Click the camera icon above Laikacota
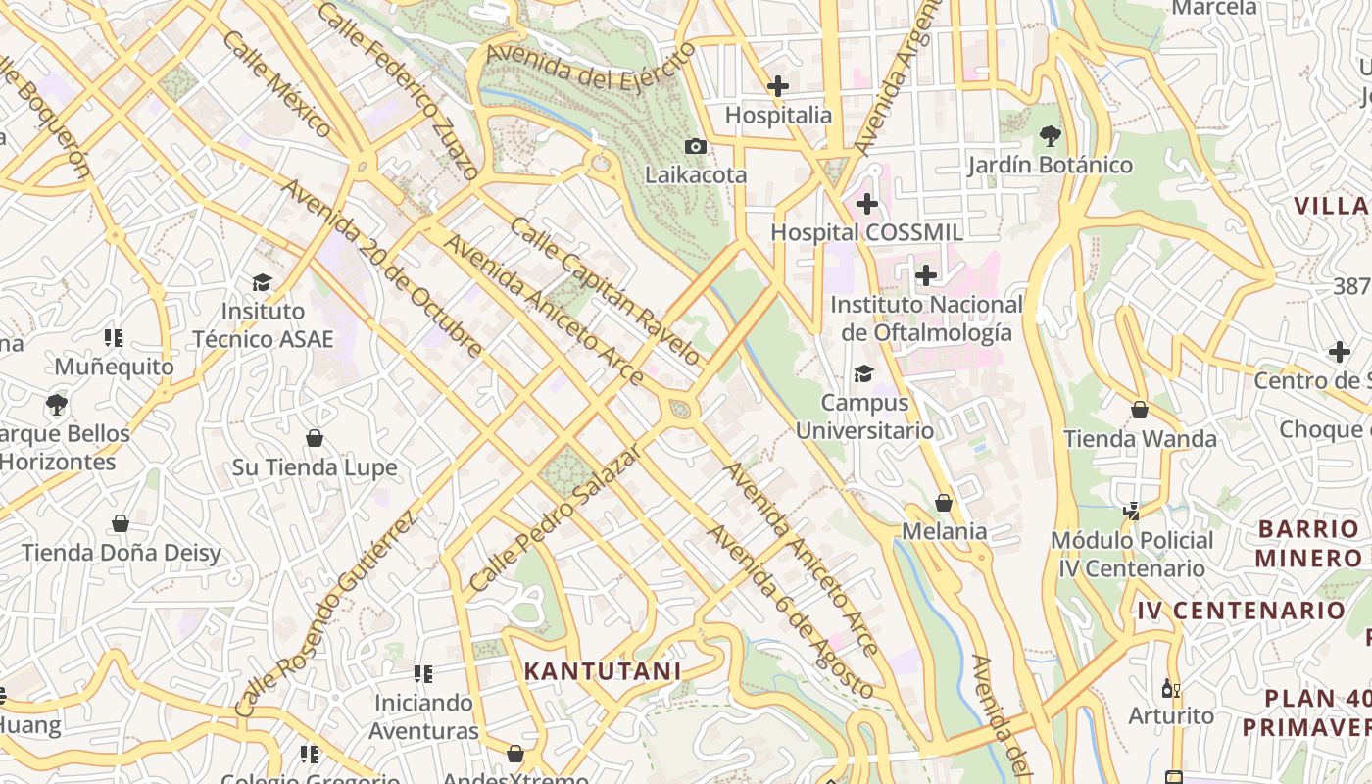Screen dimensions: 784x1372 696,146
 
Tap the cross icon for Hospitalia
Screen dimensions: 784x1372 778,86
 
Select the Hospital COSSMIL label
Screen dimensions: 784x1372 866,232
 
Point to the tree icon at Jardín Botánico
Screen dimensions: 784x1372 1051,135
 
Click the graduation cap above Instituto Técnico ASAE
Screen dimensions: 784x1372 262,283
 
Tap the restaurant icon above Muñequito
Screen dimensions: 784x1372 114,338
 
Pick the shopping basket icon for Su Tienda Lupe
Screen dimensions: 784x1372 315,438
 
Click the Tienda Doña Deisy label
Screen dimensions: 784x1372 122,553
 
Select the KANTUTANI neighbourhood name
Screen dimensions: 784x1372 602,671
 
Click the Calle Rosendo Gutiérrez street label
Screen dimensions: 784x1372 327,612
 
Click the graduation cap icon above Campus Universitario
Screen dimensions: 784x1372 863,373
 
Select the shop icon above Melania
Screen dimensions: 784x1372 944,503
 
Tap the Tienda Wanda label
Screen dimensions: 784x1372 1140,439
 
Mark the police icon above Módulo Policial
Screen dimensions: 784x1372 1132,511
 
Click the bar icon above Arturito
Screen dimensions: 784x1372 1168,688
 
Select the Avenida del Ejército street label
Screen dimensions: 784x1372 589,65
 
